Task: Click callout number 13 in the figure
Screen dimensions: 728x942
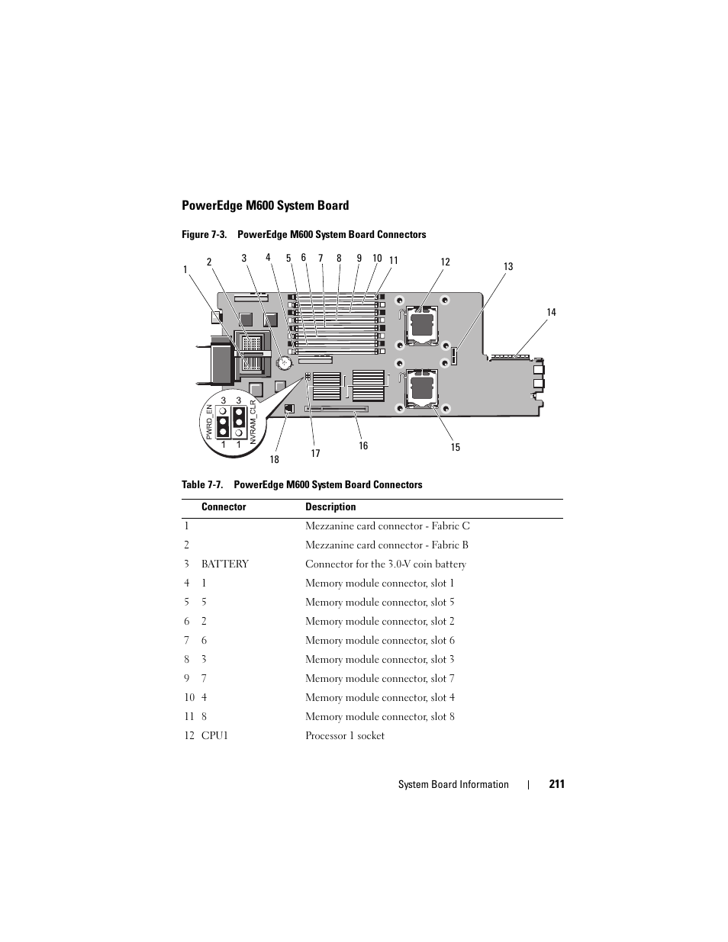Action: point(508,267)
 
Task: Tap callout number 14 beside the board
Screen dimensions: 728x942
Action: point(551,313)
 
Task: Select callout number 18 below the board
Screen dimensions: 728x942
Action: point(275,459)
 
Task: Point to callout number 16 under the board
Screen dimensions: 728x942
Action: point(363,445)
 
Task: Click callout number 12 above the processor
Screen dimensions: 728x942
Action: point(446,262)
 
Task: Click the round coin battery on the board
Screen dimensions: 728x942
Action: point(285,362)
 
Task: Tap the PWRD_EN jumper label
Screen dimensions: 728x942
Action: point(209,422)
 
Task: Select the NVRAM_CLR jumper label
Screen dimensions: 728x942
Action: point(253,422)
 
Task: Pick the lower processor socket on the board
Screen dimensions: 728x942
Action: point(420,388)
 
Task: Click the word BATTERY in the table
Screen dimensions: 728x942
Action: point(225,564)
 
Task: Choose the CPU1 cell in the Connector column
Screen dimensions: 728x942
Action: point(214,735)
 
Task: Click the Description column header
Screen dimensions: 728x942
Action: point(330,506)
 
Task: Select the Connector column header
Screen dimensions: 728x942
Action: point(224,506)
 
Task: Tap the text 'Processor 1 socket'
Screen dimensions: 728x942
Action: point(345,735)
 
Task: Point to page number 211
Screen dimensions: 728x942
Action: point(557,784)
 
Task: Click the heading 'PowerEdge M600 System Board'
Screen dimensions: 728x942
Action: point(266,205)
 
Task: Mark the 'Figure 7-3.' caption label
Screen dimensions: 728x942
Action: point(205,234)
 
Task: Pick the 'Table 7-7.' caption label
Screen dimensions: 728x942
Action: point(202,484)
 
